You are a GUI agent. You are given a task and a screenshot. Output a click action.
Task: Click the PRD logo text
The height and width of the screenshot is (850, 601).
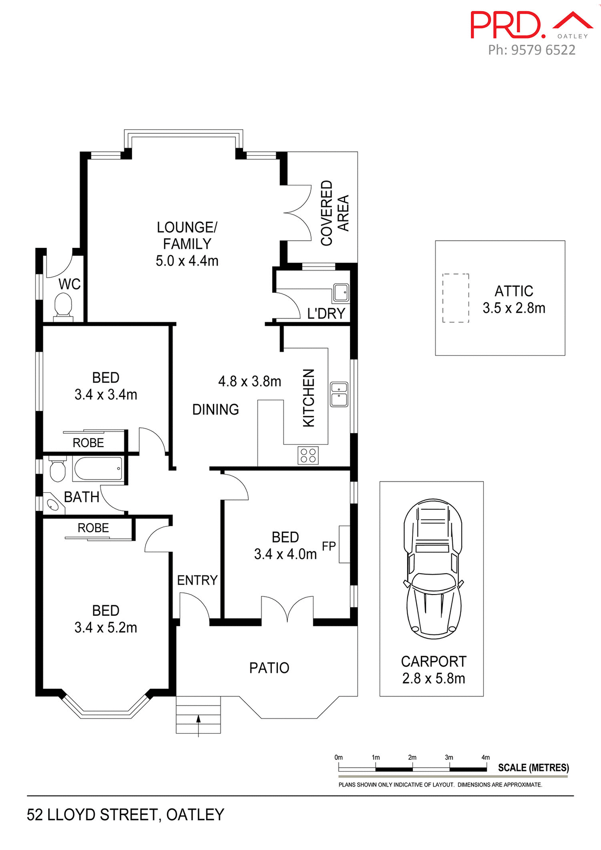[507, 25]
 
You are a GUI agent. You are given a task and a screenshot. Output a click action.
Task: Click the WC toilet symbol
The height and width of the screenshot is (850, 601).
[63, 307]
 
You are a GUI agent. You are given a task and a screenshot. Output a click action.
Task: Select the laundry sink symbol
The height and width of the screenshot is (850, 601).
[341, 293]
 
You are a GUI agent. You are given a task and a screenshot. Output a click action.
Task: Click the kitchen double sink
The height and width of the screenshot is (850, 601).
[339, 394]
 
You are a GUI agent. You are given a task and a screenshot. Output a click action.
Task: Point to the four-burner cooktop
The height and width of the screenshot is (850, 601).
[308, 456]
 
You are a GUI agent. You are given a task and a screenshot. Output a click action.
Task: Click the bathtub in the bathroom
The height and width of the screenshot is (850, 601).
[98, 469]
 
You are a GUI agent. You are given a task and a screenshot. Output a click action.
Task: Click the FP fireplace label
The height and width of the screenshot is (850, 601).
[329, 546]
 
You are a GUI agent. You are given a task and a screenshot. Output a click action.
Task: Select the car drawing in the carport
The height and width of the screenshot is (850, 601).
[433, 568]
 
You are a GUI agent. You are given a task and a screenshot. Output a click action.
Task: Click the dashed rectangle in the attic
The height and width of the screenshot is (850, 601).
[455, 298]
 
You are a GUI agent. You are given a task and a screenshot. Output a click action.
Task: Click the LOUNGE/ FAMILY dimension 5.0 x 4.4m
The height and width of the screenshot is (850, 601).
[187, 261]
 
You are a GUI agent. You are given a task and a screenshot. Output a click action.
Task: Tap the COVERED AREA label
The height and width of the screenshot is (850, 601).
[335, 213]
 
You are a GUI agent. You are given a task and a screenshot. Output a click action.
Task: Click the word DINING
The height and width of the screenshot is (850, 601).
[216, 410]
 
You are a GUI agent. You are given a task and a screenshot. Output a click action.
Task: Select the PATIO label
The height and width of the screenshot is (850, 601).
[269, 668]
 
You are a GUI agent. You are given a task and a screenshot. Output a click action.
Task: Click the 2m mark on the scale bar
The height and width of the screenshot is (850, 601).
[412, 757]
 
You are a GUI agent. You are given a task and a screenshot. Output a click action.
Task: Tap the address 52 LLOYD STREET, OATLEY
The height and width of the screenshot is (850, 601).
[126, 815]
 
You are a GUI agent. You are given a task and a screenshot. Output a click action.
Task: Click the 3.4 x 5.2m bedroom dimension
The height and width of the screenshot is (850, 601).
[106, 627]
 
